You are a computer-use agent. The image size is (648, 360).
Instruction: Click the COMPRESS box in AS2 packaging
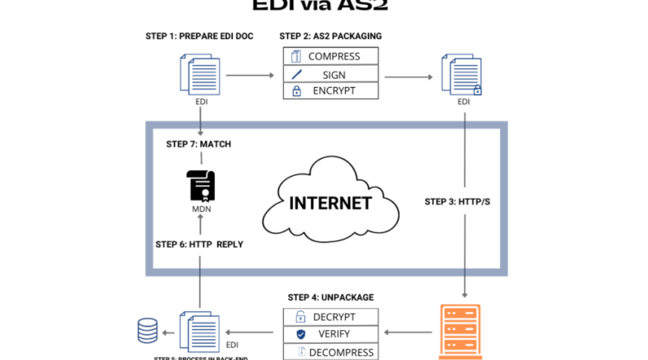tap(331, 56)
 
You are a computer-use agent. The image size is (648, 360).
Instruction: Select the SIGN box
tap(331, 74)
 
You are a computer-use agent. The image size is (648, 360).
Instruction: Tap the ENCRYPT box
tap(331, 91)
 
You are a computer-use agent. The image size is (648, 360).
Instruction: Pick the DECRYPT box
tap(331, 317)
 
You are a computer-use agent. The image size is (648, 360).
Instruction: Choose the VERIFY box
tap(331, 334)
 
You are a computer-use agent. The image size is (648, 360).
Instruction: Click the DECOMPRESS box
tap(331, 352)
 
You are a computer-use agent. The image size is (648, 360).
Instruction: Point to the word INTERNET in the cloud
tap(330, 203)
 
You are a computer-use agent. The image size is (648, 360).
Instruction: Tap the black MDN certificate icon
tap(200, 185)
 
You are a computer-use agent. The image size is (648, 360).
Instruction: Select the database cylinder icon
tap(148, 331)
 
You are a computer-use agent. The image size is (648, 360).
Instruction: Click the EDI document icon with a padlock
tap(461, 75)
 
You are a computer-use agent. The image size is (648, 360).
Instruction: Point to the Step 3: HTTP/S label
tap(457, 202)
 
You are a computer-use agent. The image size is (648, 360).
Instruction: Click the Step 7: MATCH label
tap(199, 144)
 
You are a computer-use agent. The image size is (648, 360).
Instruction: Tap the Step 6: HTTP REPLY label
tap(199, 244)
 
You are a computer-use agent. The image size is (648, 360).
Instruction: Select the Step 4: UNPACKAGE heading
tap(331, 297)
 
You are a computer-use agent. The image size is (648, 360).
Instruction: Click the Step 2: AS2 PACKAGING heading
tap(331, 36)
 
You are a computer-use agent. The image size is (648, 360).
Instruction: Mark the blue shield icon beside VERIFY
tap(301, 334)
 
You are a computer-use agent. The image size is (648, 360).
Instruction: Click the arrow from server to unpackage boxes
tap(408, 332)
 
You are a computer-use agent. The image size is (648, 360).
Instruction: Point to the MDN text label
tap(200, 209)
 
